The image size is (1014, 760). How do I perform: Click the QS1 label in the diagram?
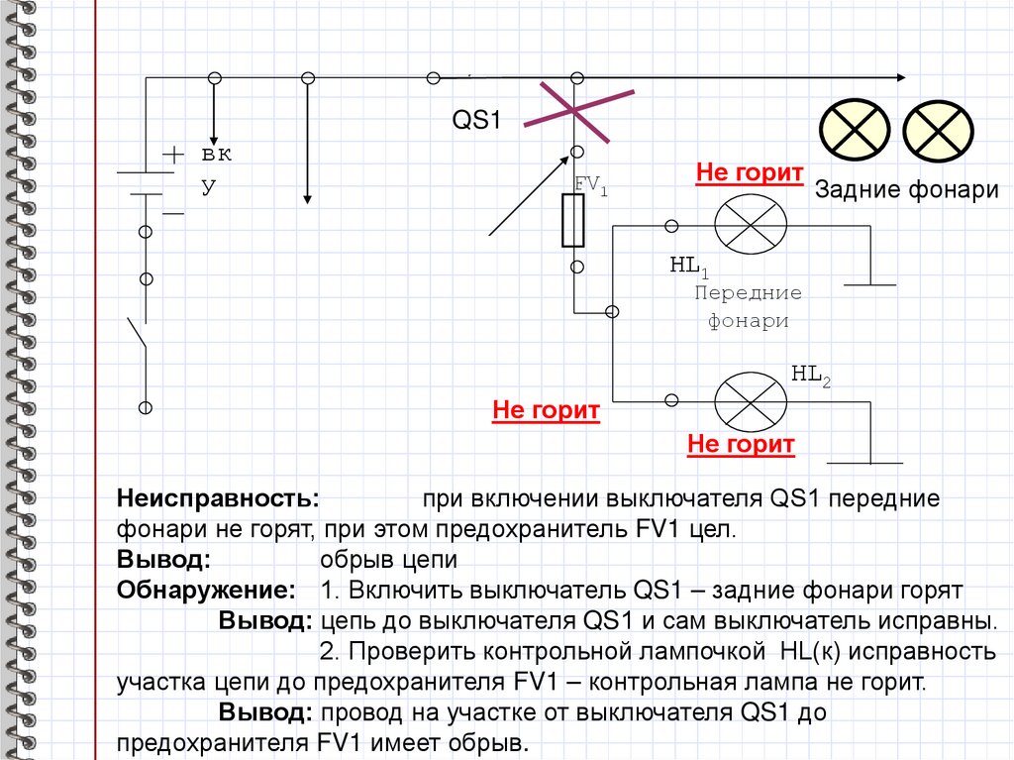click(478, 120)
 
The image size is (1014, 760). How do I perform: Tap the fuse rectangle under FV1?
click(573, 220)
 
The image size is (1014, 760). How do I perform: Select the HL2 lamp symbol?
click(751, 400)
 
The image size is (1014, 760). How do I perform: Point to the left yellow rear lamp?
click(853, 132)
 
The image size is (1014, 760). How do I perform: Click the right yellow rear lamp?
click(939, 132)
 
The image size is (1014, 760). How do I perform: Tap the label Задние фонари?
click(906, 190)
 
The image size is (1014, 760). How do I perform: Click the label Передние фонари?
click(748, 307)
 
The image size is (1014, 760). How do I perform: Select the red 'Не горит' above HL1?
click(749, 173)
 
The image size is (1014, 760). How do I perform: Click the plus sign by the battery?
click(173, 155)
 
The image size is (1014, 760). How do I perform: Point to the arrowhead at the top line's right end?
click(898, 78)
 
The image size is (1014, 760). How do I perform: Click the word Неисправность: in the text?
click(218, 497)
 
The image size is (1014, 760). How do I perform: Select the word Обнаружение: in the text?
click(206, 592)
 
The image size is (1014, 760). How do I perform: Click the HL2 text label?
click(810, 374)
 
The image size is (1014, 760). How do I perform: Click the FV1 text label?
click(591, 183)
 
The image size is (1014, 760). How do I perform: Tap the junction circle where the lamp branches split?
click(612, 311)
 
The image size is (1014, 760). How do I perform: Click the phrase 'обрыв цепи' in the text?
click(388, 560)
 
